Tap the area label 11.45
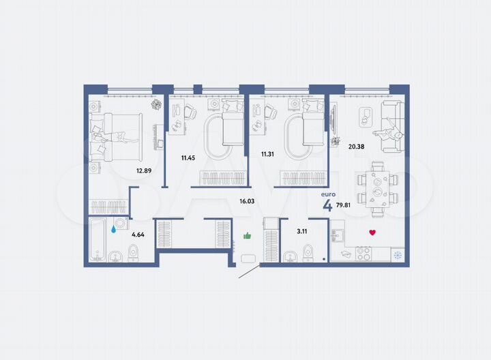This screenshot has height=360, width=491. point(188,157)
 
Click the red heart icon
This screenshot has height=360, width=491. point(372,232)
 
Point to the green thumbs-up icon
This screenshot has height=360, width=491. point(247,237)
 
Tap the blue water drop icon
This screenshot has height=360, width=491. point(115,230)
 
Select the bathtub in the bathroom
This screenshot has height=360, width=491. point(98,239)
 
